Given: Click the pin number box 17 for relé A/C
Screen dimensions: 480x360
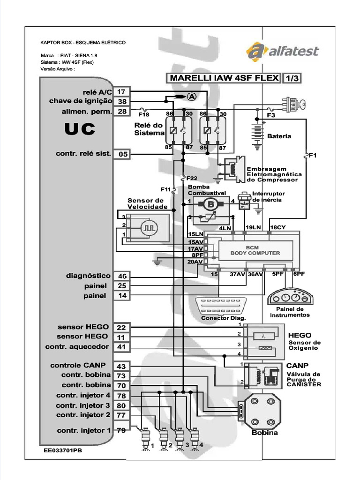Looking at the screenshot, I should click(122, 91).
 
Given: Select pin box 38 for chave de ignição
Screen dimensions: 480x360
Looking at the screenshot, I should click(122, 101).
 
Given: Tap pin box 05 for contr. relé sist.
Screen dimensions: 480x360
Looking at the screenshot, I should click(122, 154).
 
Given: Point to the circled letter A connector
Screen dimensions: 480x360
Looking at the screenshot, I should click(191, 97).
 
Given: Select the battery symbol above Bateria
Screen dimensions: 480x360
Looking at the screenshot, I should click(257, 133).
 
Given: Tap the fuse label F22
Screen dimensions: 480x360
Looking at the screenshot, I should click(191, 178).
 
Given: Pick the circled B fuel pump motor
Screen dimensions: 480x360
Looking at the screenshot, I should click(210, 204).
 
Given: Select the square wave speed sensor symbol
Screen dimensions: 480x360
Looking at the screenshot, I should click(150, 228).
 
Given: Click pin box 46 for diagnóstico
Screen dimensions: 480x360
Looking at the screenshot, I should click(122, 276).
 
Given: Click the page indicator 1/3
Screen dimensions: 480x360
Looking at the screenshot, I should click(292, 78).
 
